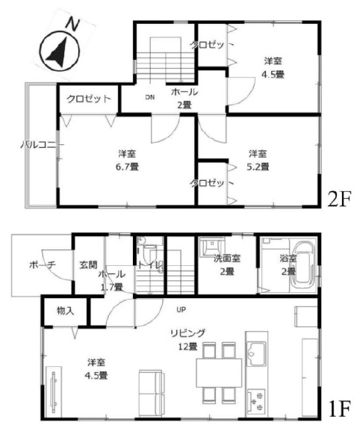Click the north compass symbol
pyautogui.click(x=60, y=52)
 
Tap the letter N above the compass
pyautogui.click(x=72, y=24)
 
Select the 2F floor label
pyautogui.click(x=339, y=199)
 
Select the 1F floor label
pyautogui.click(x=339, y=409)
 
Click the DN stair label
pyautogui.click(x=150, y=97)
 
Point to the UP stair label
pyautogui.click(x=181, y=309)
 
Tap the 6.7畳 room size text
pyautogui.click(x=127, y=167)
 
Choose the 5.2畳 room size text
pyautogui.click(x=258, y=167)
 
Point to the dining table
pyautogui.click(x=219, y=373)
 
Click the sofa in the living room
pyautogui.click(x=150, y=394)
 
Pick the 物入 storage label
pyautogui.click(x=66, y=311)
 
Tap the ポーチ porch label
pyautogui.click(x=43, y=264)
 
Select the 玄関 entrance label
pyautogui.click(x=88, y=264)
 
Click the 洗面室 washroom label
pyautogui.click(x=227, y=258)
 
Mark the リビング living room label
pyautogui.click(x=187, y=332)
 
